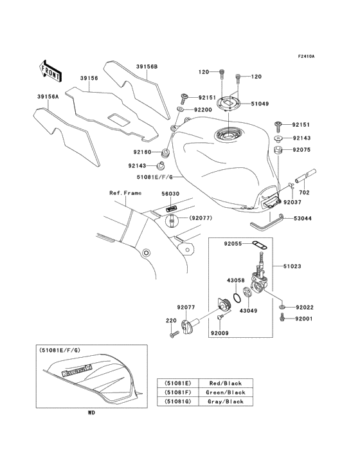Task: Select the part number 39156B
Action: point(146,66)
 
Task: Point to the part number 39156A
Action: point(48,97)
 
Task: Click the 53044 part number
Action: point(303,219)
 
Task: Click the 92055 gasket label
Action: point(234,245)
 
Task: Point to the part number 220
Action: point(170,320)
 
